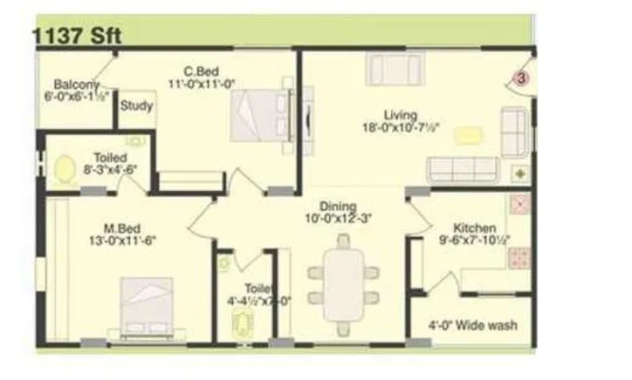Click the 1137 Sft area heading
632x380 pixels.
[x=77, y=36]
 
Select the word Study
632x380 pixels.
[x=137, y=106]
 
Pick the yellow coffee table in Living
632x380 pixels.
[x=469, y=135]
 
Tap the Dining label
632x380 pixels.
[x=337, y=206]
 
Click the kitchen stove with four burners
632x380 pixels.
[x=521, y=257]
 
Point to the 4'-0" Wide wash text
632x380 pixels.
[x=472, y=325]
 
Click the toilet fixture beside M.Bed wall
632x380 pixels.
[x=65, y=168]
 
